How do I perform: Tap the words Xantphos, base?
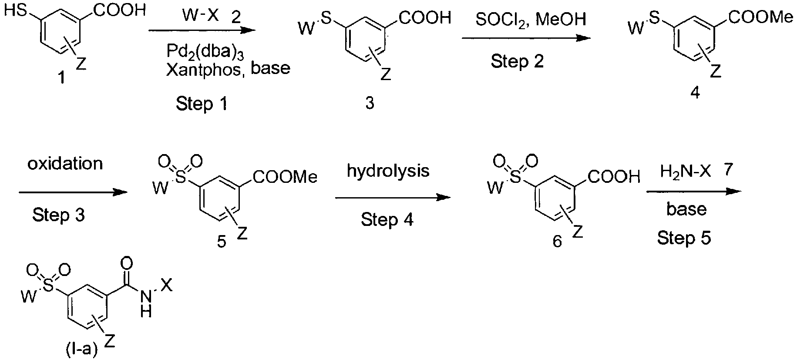[x=228, y=69]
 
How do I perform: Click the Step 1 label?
[x=202, y=104]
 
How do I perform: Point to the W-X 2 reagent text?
[x=211, y=17]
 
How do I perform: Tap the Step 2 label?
[x=517, y=61]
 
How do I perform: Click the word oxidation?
[x=65, y=163]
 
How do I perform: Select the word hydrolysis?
[x=388, y=171]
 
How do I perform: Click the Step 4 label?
[x=387, y=219]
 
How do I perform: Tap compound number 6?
[x=557, y=241]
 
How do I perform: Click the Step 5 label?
[x=684, y=238]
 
